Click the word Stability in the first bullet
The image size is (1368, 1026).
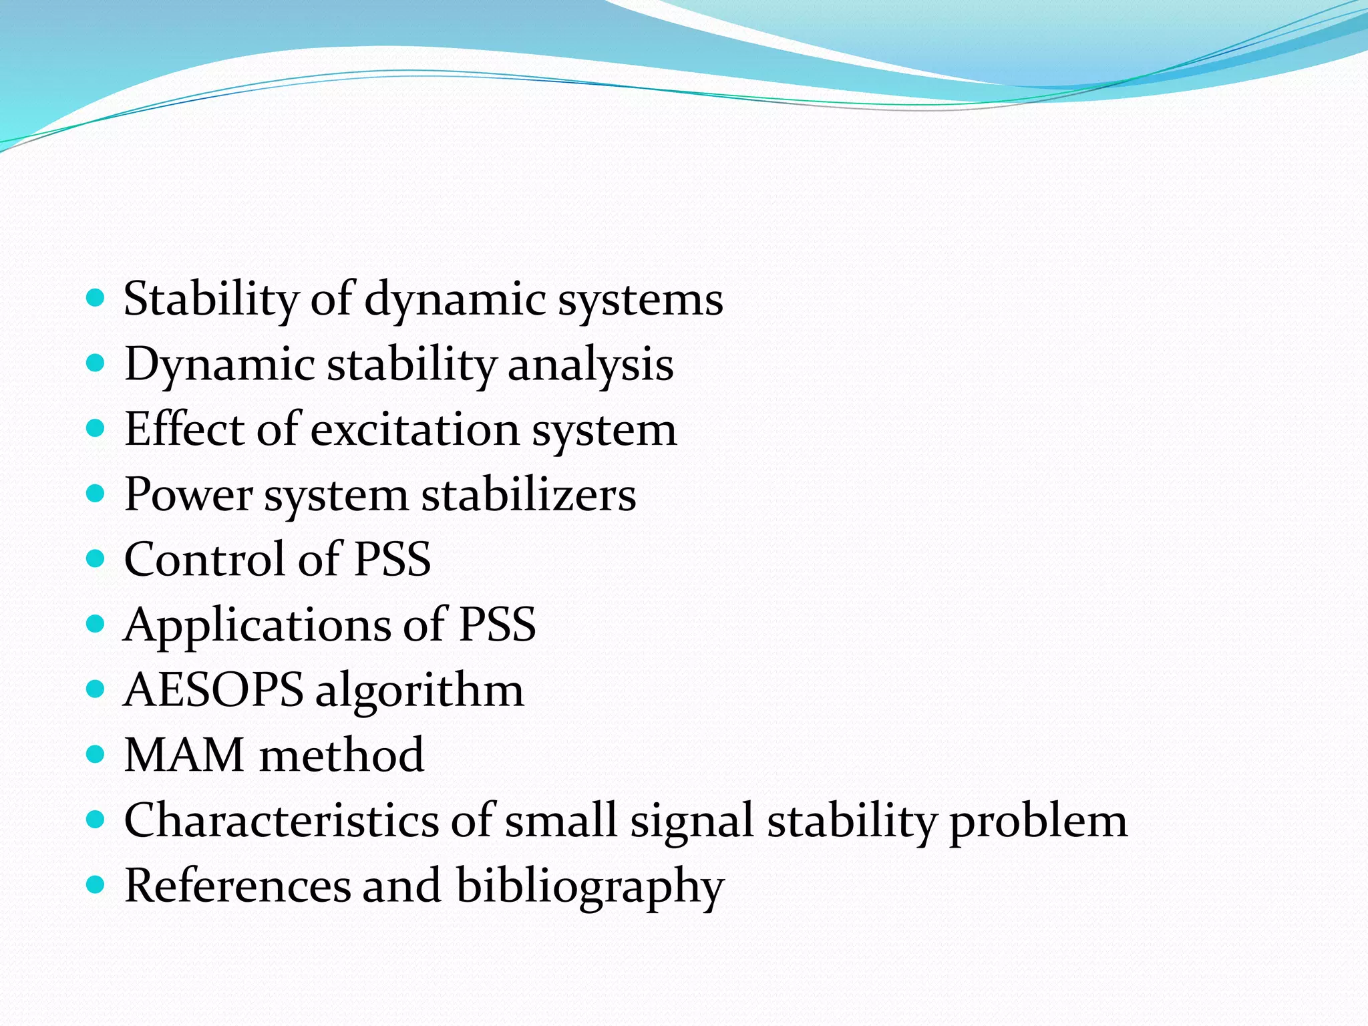click(211, 299)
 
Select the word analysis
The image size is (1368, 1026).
click(590, 365)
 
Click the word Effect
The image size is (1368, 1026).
click(184, 429)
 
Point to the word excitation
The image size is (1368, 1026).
click(415, 429)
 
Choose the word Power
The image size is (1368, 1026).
click(188, 494)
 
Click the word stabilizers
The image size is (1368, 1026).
click(528, 494)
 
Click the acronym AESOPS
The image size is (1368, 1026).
click(214, 689)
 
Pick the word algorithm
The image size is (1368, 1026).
click(419, 691)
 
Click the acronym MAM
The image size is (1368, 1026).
click(184, 755)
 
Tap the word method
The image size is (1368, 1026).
click(341, 755)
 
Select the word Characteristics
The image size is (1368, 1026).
click(281, 820)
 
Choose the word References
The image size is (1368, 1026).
click(238, 886)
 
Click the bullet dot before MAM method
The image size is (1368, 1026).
click(96, 755)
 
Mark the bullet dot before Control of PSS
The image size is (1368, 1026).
click(96, 558)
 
